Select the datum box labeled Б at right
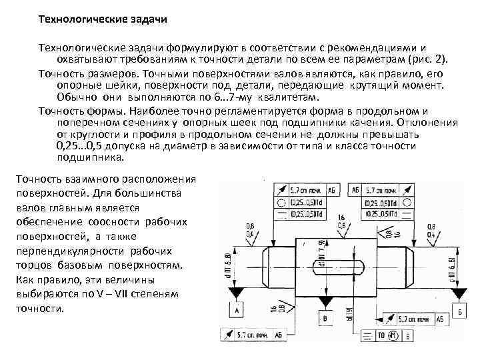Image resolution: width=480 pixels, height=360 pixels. point(461,311)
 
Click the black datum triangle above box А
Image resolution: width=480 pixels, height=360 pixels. point(237,293)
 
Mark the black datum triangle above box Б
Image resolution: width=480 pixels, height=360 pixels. point(460,293)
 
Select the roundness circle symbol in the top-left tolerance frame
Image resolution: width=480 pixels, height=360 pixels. point(281,201)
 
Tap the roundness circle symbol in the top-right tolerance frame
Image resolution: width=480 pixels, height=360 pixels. point(369,201)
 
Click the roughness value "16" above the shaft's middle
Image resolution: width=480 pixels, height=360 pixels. point(341,218)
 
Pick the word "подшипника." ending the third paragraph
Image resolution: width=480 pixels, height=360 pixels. point(91,159)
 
